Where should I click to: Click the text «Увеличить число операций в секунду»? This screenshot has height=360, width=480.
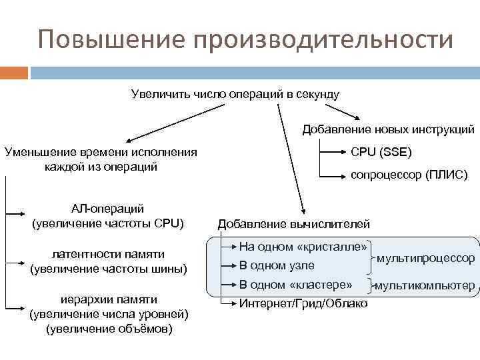click(235, 93)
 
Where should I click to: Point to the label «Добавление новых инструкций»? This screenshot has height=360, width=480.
click(389, 129)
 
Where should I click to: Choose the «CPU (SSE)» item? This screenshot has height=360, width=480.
click(381, 152)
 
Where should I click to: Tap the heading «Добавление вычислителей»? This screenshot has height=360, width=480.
click(294, 223)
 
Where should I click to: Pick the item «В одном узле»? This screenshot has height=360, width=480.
click(277, 265)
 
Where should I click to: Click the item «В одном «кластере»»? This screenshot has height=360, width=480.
click(295, 285)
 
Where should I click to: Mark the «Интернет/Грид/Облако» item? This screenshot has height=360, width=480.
click(303, 303)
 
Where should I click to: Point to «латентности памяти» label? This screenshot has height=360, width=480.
click(107, 254)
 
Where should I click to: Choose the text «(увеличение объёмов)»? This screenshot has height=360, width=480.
click(109, 329)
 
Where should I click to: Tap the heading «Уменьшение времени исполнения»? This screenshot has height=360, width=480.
click(101, 151)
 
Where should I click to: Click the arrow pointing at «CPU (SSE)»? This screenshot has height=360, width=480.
click(333, 152)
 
